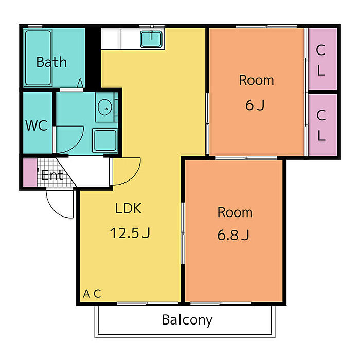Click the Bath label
click(x=51, y=62)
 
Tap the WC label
click(x=37, y=125)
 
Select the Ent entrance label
click(x=52, y=175)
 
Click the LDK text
click(x=128, y=208)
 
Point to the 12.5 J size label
click(x=130, y=233)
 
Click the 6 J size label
click(x=255, y=105)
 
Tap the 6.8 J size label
click(x=233, y=235)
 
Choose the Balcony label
click(x=187, y=320)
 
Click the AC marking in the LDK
click(x=92, y=294)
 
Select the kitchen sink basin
click(x=151, y=39)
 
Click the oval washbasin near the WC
click(x=105, y=107)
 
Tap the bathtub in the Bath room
click(x=38, y=58)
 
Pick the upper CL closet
click(x=322, y=59)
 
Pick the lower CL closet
click(x=322, y=124)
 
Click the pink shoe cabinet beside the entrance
click(x=30, y=172)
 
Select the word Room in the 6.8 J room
click(x=235, y=212)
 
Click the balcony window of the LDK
click(x=148, y=304)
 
